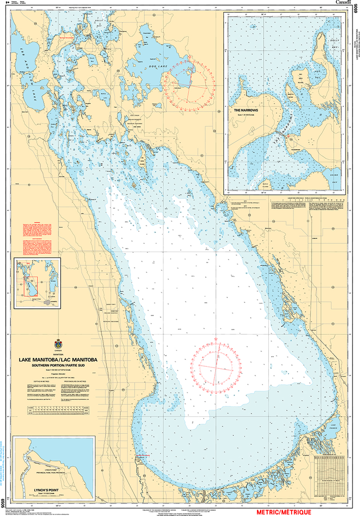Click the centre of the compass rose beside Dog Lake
point(189,84)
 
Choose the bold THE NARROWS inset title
point(245,109)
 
